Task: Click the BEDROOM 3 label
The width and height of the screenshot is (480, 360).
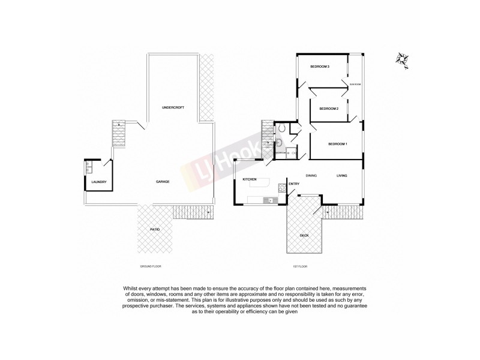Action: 320,67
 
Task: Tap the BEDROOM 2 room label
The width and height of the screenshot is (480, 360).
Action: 329,109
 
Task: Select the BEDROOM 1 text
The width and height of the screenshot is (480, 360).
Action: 338,144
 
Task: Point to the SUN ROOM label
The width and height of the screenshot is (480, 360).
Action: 355,85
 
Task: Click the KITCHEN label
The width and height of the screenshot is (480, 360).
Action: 250,179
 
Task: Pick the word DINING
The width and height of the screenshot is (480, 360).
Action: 311,175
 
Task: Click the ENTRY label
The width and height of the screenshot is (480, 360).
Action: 293,184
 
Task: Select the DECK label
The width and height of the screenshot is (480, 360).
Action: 304,236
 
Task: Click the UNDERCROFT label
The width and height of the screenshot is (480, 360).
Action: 173,107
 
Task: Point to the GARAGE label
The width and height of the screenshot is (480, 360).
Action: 163,181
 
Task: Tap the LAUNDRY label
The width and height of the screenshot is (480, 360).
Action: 98,182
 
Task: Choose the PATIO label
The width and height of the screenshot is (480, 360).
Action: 154,229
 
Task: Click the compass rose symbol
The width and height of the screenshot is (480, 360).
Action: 401,58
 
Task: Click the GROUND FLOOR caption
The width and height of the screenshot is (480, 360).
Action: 150,265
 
